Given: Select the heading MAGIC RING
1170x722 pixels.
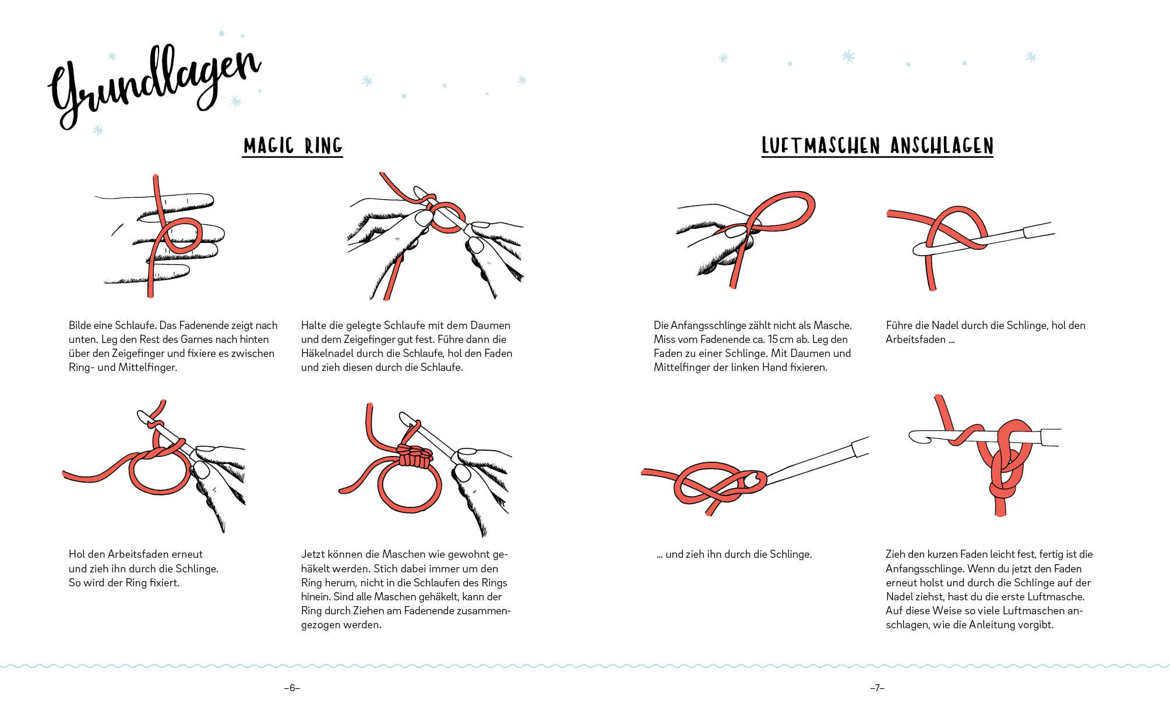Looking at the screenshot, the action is (x=292, y=146).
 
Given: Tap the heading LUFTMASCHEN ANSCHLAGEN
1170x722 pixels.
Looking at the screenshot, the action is (x=877, y=146).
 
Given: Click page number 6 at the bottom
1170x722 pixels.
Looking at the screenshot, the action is (x=292, y=688).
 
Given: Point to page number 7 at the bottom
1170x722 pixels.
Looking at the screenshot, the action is (x=877, y=688).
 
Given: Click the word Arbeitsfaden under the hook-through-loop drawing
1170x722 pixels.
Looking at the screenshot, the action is (x=916, y=339).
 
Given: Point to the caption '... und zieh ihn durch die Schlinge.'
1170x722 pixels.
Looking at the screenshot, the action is (x=734, y=554).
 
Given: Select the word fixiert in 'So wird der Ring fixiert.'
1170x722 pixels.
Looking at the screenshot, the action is (x=164, y=583).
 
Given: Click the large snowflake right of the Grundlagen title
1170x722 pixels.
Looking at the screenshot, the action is (x=367, y=81).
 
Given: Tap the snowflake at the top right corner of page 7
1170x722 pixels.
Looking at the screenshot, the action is (x=1031, y=57).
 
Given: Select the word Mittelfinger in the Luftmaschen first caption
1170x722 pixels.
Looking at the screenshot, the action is (x=681, y=367).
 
